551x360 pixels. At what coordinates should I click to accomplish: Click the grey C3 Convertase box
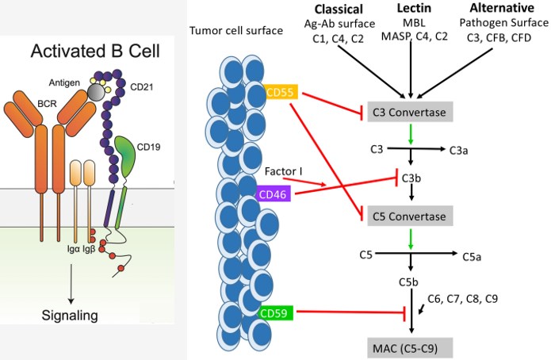(x=408, y=113)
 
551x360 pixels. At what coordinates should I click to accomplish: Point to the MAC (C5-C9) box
(x=408, y=347)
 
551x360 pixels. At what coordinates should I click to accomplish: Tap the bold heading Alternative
(x=500, y=10)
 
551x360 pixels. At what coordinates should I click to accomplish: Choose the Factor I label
(x=289, y=171)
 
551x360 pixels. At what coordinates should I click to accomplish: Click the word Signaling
(x=70, y=315)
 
